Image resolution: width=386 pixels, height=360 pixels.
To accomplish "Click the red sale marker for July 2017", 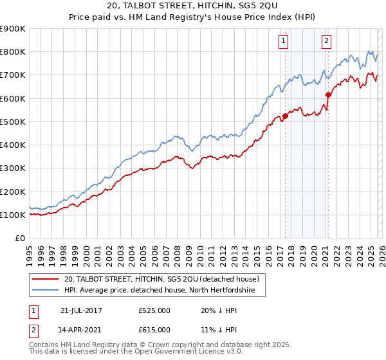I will pos(285,116).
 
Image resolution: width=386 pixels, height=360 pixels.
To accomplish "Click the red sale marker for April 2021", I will pos(328,94).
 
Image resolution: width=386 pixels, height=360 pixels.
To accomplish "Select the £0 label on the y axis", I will pos(19,238).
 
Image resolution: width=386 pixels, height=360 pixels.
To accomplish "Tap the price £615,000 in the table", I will pos(154,329).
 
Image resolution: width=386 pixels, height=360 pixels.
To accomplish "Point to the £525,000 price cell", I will pos(154,310).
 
